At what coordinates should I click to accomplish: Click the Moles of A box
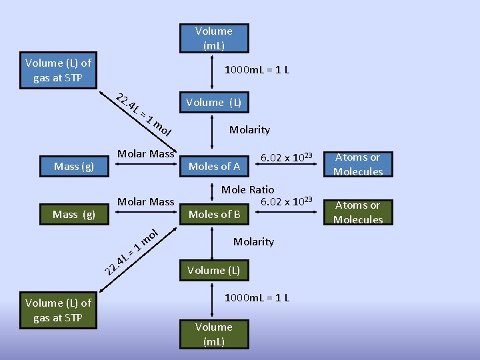point(215,166)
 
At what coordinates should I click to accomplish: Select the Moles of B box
point(215,214)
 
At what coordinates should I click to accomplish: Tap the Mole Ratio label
point(247,190)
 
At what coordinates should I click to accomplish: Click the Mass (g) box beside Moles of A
point(74,166)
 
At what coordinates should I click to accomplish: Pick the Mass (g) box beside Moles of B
point(74,214)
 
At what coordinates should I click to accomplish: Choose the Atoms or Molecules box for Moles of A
point(358,165)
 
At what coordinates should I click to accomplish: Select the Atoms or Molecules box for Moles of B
point(358,213)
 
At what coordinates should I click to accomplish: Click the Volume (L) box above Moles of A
point(213,102)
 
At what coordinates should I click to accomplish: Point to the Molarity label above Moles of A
point(249,129)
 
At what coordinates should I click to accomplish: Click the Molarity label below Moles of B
point(253,241)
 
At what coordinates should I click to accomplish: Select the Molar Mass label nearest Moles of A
point(145,154)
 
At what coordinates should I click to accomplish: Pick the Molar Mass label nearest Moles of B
point(145,201)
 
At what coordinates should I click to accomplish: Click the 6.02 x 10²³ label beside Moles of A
point(287,157)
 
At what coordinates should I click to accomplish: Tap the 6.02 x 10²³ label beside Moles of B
point(287,201)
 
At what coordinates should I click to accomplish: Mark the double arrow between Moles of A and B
point(215,190)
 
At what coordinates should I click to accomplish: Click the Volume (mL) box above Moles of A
point(213,38)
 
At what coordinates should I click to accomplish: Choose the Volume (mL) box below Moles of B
point(214,334)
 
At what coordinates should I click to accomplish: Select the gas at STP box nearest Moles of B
point(58,311)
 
